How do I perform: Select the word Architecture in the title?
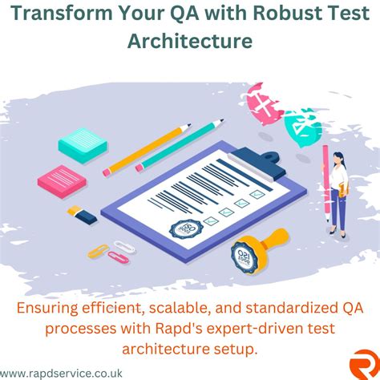click(190, 40)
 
